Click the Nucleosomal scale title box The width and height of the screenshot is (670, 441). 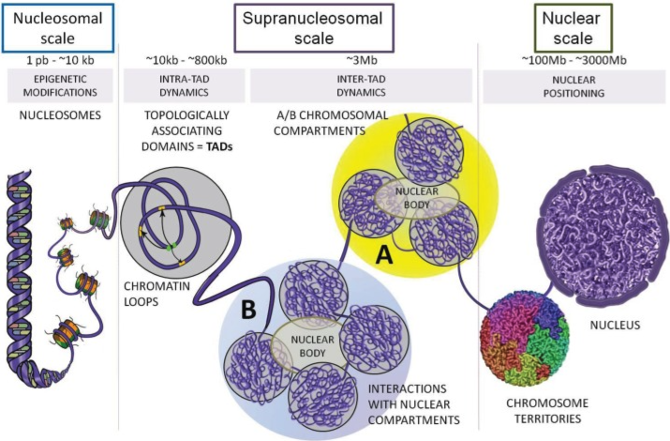click(x=58, y=28)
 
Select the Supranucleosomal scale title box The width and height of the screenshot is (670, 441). click(x=314, y=28)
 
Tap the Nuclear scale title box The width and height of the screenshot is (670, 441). click(x=573, y=28)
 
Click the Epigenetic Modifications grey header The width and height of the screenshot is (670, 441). click(x=60, y=85)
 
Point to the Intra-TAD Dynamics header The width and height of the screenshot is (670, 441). click(x=185, y=85)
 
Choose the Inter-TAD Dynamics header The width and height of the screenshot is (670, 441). click(x=361, y=85)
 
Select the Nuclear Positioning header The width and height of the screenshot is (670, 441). click(x=573, y=86)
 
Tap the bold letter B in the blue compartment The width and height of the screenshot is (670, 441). click(x=248, y=309)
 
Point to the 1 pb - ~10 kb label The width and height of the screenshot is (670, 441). click(x=60, y=60)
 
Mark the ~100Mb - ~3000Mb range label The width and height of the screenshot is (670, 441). click(x=573, y=60)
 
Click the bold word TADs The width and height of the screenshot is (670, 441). click(x=219, y=146)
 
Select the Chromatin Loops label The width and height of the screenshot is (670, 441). click(x=156, y=294)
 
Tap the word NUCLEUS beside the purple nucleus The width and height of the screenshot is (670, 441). click(x=615, y=325)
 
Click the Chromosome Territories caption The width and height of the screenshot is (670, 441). click(x=547, y=411)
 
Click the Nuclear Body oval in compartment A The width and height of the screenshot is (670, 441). click(x=417, y=198)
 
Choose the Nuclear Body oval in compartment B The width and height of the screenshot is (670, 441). click(x=312, y=346)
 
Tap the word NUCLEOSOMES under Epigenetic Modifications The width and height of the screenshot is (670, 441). click(x=60, y=115)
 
